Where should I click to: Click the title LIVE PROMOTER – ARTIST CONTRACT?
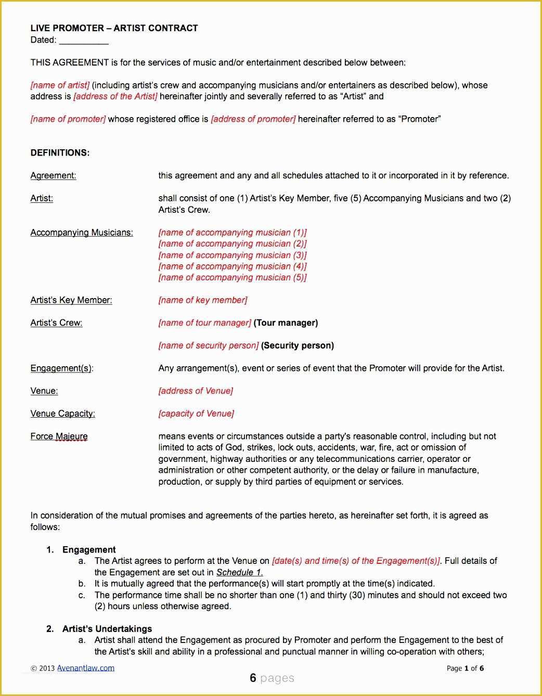click(114, 28)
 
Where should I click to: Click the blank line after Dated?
click(83, 41)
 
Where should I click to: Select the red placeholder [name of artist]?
click(60, 85)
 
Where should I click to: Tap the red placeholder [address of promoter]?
click(253, 119)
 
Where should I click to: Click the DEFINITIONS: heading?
click(60, 153)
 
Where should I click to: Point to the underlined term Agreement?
click(53, 176)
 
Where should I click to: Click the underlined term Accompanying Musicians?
click(82, 233)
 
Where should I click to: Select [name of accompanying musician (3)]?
click(232, 255)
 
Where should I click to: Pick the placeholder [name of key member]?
click(203, 300)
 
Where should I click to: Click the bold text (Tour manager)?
click(286, 323)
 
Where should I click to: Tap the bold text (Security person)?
click(297, 345)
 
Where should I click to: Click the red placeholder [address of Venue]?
click(196, 391)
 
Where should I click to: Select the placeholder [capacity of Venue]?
click(196, 414)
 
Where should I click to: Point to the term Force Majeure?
click(59, 436)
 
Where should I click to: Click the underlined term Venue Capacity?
click(62, 414)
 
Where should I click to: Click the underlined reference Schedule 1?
click(239, 572)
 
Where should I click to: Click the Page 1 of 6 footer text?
click(465, 668)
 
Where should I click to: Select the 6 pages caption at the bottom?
click(272, 678)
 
